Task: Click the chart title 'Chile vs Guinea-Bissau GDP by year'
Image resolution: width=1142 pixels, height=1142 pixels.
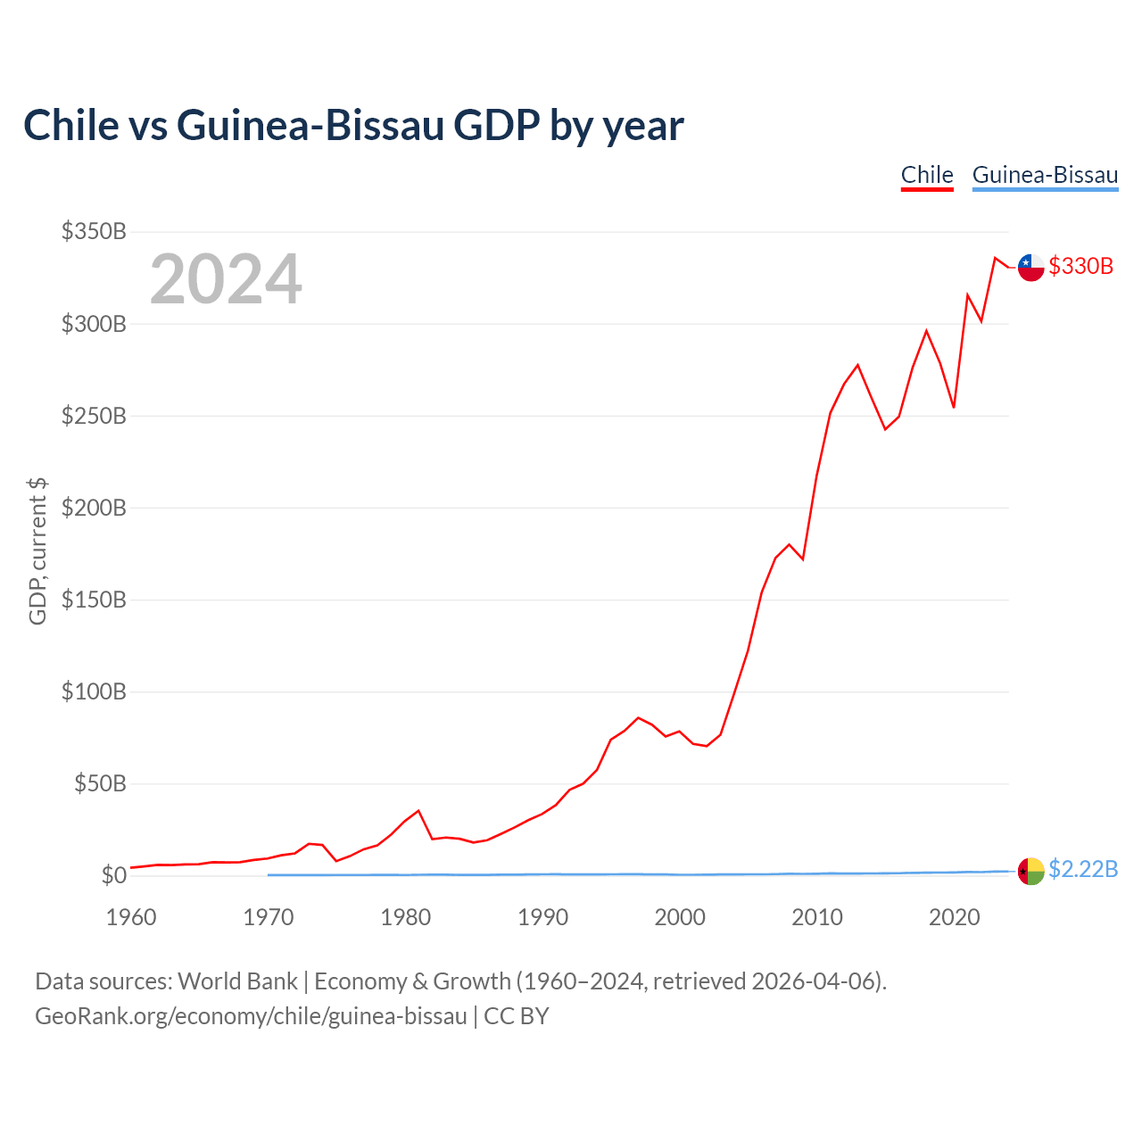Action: [353, 125]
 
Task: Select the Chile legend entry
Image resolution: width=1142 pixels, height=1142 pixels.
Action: [926, 176]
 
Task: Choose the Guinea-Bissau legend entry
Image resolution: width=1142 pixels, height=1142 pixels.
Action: [1045, 176]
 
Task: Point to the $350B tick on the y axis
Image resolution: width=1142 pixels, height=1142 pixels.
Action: [94, 231]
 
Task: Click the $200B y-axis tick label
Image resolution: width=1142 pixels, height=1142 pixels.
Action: [94, 508]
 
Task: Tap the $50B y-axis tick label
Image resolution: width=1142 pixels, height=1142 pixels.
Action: [100, 783]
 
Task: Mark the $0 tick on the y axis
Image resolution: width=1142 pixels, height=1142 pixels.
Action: [114, 874]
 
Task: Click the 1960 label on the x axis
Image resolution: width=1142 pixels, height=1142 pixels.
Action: [131, 917]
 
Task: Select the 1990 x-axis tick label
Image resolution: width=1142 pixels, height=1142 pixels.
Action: [542, 917]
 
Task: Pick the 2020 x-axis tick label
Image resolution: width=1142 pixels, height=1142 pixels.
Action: [954, 917]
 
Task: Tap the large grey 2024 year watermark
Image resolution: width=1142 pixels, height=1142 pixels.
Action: [226, 278]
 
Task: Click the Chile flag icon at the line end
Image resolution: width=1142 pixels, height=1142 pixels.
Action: [1030, 268]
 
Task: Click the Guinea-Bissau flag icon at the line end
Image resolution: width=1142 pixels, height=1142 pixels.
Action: [1030, 871]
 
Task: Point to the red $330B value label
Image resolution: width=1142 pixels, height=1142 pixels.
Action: [1081, 266]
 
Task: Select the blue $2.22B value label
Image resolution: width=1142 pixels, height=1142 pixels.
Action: [1083, 869]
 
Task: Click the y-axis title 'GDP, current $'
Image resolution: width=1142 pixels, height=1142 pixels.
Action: [37, 551]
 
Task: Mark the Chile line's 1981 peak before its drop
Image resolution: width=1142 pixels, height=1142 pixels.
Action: [418, 810]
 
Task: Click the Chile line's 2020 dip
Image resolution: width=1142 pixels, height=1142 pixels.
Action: [954, 407]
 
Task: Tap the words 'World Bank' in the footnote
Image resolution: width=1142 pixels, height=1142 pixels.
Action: [237, 981]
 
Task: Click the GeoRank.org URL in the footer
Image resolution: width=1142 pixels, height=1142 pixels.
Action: [252, 1016]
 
